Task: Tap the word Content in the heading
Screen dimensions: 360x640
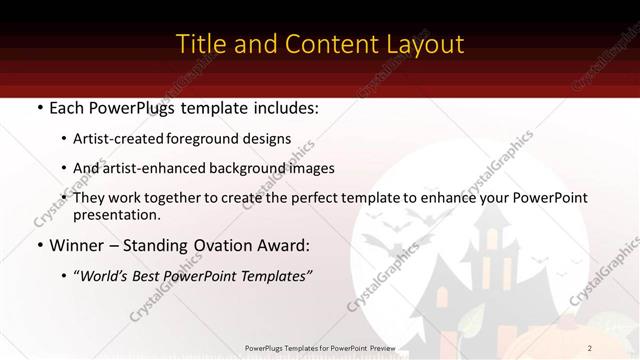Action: pos(321,44)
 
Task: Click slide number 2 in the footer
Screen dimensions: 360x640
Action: pos(590,347)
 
